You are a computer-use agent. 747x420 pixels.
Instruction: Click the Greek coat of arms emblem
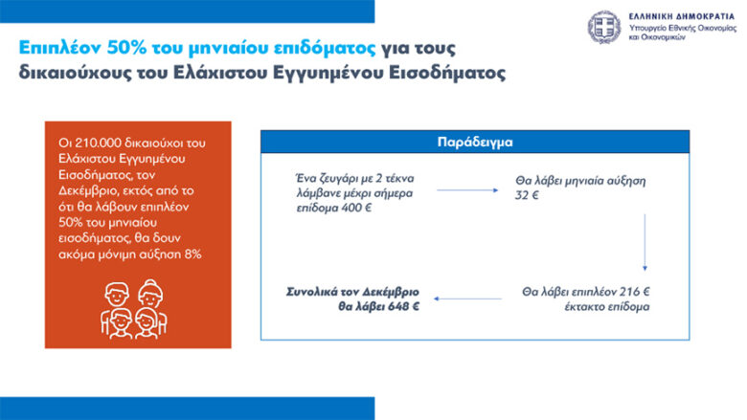603,27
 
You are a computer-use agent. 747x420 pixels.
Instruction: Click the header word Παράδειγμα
475,142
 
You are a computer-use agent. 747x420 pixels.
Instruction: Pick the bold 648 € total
403,306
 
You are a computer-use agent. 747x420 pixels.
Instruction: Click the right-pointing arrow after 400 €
467,190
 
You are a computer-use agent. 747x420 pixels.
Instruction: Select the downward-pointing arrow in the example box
645,243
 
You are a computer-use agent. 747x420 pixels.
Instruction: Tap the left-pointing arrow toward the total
467,298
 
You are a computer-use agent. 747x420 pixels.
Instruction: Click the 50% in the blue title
126,48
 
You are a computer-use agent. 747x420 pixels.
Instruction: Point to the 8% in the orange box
192,254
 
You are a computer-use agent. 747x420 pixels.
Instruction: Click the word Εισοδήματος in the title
447,73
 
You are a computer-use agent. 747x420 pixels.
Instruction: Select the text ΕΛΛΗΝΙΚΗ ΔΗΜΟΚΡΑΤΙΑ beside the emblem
682,16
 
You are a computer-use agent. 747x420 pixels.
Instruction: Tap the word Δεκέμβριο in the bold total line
391,292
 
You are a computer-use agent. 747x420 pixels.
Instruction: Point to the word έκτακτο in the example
583,307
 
